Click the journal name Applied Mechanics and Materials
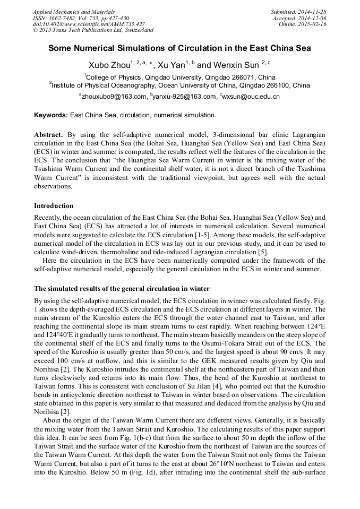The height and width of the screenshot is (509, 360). click(73, 11)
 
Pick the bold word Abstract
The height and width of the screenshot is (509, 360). click(48, 135)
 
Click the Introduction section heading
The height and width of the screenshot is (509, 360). click(54, 205)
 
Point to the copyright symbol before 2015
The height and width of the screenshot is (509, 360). click(36, 30)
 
